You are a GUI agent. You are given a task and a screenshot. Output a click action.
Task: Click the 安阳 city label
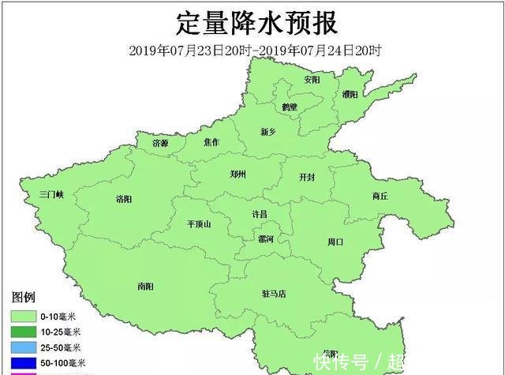[x=312, y=80]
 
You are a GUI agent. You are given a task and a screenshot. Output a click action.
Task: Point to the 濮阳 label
[x=350, y=94]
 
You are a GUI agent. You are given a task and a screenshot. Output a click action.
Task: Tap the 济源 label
[x=160, y=143]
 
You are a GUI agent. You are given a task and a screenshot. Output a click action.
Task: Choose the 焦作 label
[x=211, y=143]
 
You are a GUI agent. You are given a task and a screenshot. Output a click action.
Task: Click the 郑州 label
[x=238, y=174]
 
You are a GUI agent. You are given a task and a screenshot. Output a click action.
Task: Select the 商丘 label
[x=380, y=197]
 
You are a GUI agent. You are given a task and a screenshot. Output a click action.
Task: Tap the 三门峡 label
[x=56, y=194]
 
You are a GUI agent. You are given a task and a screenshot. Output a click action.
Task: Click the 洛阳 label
[x=124, y=199]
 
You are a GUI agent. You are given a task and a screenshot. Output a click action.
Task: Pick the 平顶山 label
[x=199, y=224]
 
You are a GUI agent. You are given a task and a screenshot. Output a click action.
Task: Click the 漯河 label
[x=266, y=238]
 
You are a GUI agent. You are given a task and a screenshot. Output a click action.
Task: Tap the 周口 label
[x=335, y=242]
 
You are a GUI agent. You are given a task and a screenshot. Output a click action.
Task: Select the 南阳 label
[x=146, y=286]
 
